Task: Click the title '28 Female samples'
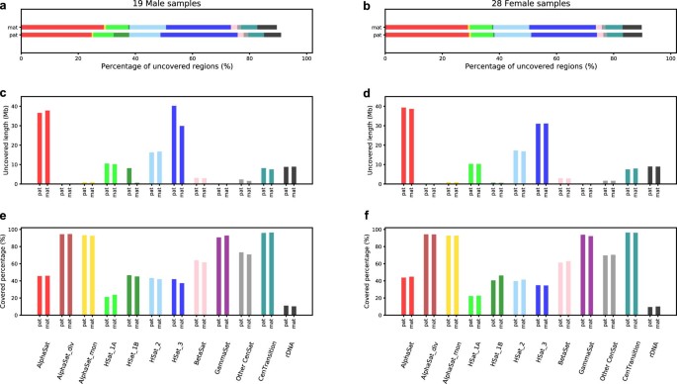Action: click(x=507, y=7)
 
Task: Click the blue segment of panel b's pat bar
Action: click(x=563, y=35)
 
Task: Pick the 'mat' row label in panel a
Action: click(x=13, y=27)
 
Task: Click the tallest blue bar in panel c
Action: click(x=174, y=144)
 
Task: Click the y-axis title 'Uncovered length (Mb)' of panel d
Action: click(x=350, y=143)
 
